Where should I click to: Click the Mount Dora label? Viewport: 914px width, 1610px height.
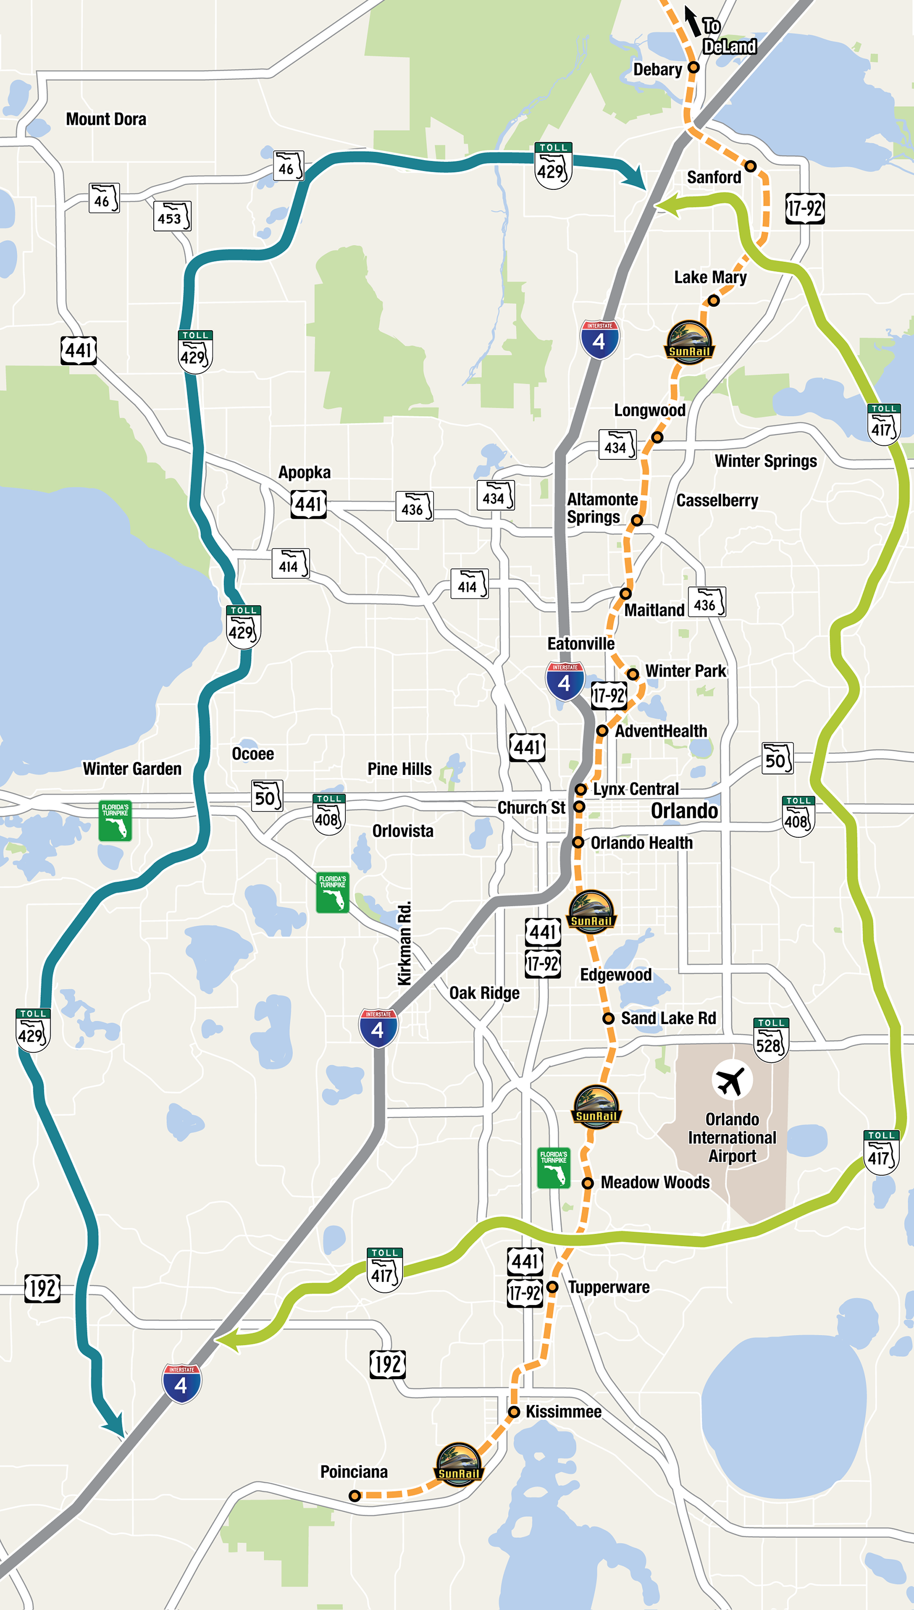point(106,119)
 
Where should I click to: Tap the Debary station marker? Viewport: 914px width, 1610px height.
point(693,67)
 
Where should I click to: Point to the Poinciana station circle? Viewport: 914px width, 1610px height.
point(355,1496)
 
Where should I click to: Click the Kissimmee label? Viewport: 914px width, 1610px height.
point(563,1412)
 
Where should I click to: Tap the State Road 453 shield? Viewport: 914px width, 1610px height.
point(172,217)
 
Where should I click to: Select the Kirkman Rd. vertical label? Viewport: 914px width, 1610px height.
point(405,943)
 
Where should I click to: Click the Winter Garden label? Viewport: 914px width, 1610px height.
point(132,769)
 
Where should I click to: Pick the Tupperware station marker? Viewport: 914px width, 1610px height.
point(552,1287)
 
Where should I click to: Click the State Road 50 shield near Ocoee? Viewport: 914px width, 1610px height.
point(267,796)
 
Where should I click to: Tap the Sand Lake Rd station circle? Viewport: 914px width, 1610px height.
point(607,1018)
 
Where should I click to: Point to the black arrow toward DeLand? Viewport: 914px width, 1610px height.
point(692,21)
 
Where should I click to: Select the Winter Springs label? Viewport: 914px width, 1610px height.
point(765,461)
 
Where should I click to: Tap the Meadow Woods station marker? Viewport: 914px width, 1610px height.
point(588,1183)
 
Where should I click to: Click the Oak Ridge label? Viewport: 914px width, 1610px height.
point(484,993)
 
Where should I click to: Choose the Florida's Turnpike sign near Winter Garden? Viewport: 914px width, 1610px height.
point(115,820)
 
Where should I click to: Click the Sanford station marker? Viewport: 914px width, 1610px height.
point(750,166)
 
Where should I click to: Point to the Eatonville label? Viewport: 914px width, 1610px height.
point(581,644)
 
